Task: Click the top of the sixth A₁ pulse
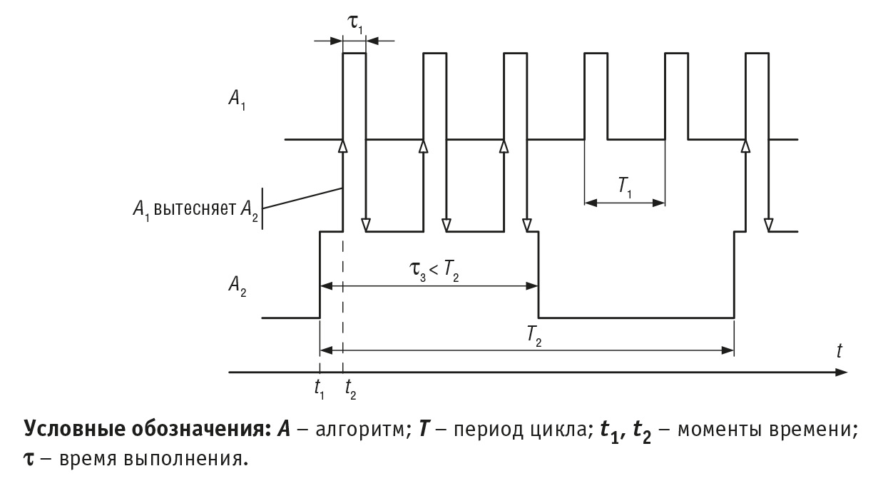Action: click(x=757, y=54)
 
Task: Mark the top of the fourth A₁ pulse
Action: click(x=596, y=54)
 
